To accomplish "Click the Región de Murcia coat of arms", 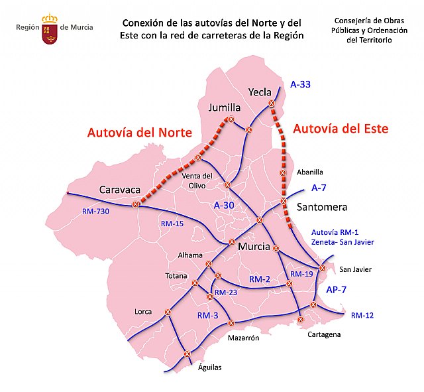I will pyautogui.click(x=50, y=29).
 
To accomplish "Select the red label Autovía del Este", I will pyautogui.click(x=341, y=127).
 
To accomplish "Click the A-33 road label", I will pyautogui.click(x=300, y=84).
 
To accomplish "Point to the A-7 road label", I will pyautogui.click(x=319, y=188).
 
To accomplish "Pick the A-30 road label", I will pyautogui.click(x=224, y=206).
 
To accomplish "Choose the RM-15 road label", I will pyautogui.click(x=172, y=224).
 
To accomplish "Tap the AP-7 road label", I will pyautogui.click(x=336, y=290).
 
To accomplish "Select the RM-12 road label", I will pyautogui.click(x=362, y=315).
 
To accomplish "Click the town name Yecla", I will pyautogui.click(x=260, y=92).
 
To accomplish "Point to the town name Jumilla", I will pyautogui.click(x=225, y=107).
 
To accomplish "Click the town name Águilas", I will pyautogui.click(x=209, y=367).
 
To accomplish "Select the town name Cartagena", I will pyautogui.click(x=324, y=334).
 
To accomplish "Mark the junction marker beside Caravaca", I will pyautogui.click(x=136, y=205).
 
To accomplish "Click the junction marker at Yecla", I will pyautogui.click(x=271, y=103).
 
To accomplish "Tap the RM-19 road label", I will pyautogui.click(x=301, y=273).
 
